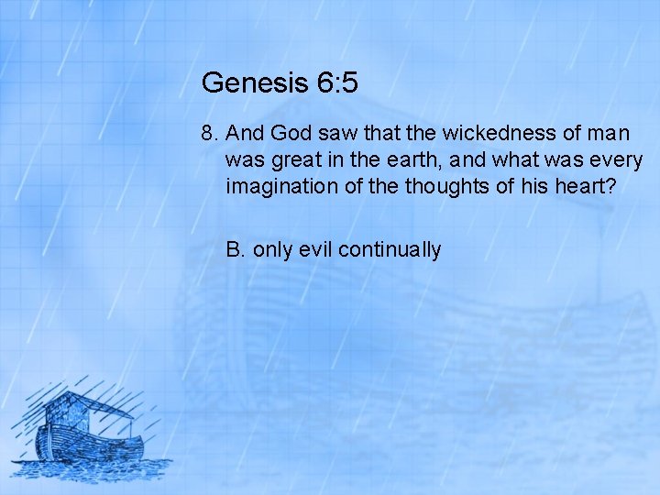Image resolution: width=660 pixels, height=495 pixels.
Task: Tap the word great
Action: pos(292,160)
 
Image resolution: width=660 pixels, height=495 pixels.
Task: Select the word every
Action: pos(619,160)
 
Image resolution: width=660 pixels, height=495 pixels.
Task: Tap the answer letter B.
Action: pos(235,249)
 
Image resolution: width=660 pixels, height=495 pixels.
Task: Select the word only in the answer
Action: pos(273,249)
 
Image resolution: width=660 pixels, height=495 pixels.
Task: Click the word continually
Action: pos(390,249)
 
